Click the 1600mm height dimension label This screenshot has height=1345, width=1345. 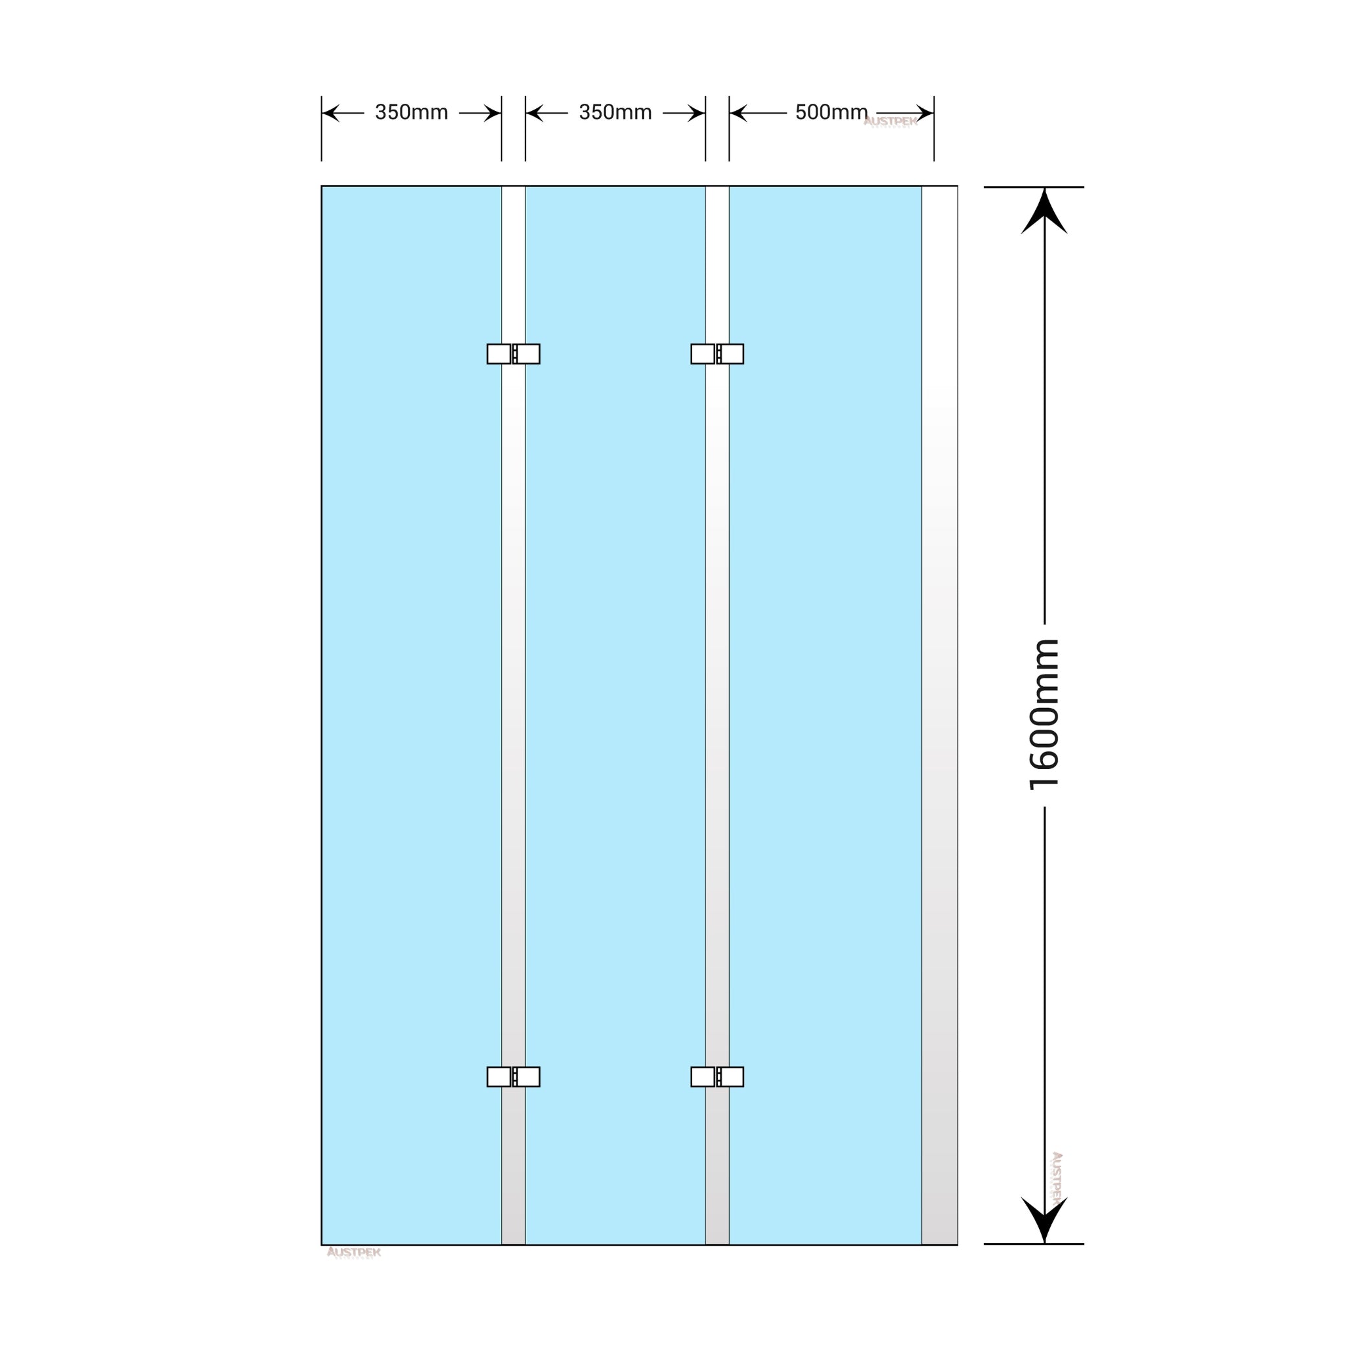click(x=1044, y=715)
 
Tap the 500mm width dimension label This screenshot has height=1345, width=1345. click(x=831, y=112)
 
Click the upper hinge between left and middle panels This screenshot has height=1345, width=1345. click(x=513, y=354)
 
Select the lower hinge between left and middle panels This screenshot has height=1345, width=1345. click(x=513, y=1076)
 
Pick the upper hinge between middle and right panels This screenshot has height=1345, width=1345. click(x=717, y=354)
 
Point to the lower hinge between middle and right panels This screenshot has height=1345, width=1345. click(x=717, y=1076)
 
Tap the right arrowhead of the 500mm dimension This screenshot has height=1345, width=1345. click(x=925, y=113)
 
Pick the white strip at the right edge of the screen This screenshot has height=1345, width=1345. click(x=939, y=696)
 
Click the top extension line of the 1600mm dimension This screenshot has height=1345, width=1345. click(x=1033, y=187)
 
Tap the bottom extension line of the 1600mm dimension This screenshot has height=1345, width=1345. click(x=1033, y=1244)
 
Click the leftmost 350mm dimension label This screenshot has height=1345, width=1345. click(x=411, y=112)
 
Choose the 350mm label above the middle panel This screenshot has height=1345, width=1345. click(x=615, y=112)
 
